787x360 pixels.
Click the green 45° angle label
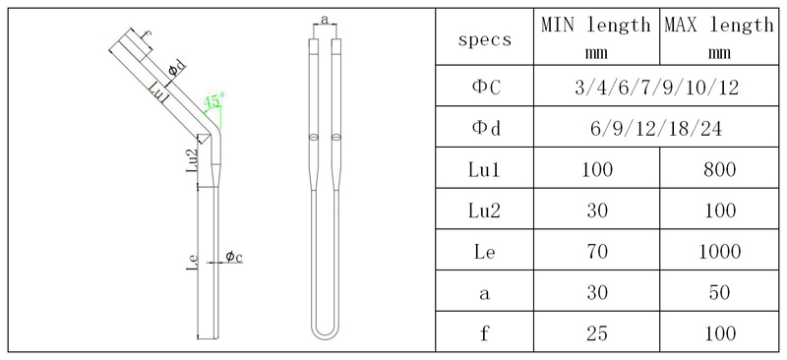pyautogui.click(x=213, y=100)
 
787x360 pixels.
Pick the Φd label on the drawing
pyautogui.click(x=175, y=68)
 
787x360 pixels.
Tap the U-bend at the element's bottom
pyautogui.click(x=326, y=332)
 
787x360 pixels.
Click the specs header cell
pyautogui.click(x=485, y=39)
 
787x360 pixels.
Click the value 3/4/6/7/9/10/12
pyautogui.click(x=657, y=88)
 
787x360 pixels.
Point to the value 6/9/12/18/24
pyautogui.click(x=657, y=128)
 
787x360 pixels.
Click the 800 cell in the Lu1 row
pyautogui.click(x=719, y=169)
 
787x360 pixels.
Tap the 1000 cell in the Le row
pyautogui.click(x=719, y=252)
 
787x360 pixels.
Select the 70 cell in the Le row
pyautogui.click(x=595, y=252)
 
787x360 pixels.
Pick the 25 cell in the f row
pyautogui.click(x=595, y=333)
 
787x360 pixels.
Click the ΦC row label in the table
pyautogui.click(x=485, y=88)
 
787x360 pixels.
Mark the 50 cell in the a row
pyautogui.click(x=719, y=292)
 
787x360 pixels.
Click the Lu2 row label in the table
pyautogui.click(x=485, y=210)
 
